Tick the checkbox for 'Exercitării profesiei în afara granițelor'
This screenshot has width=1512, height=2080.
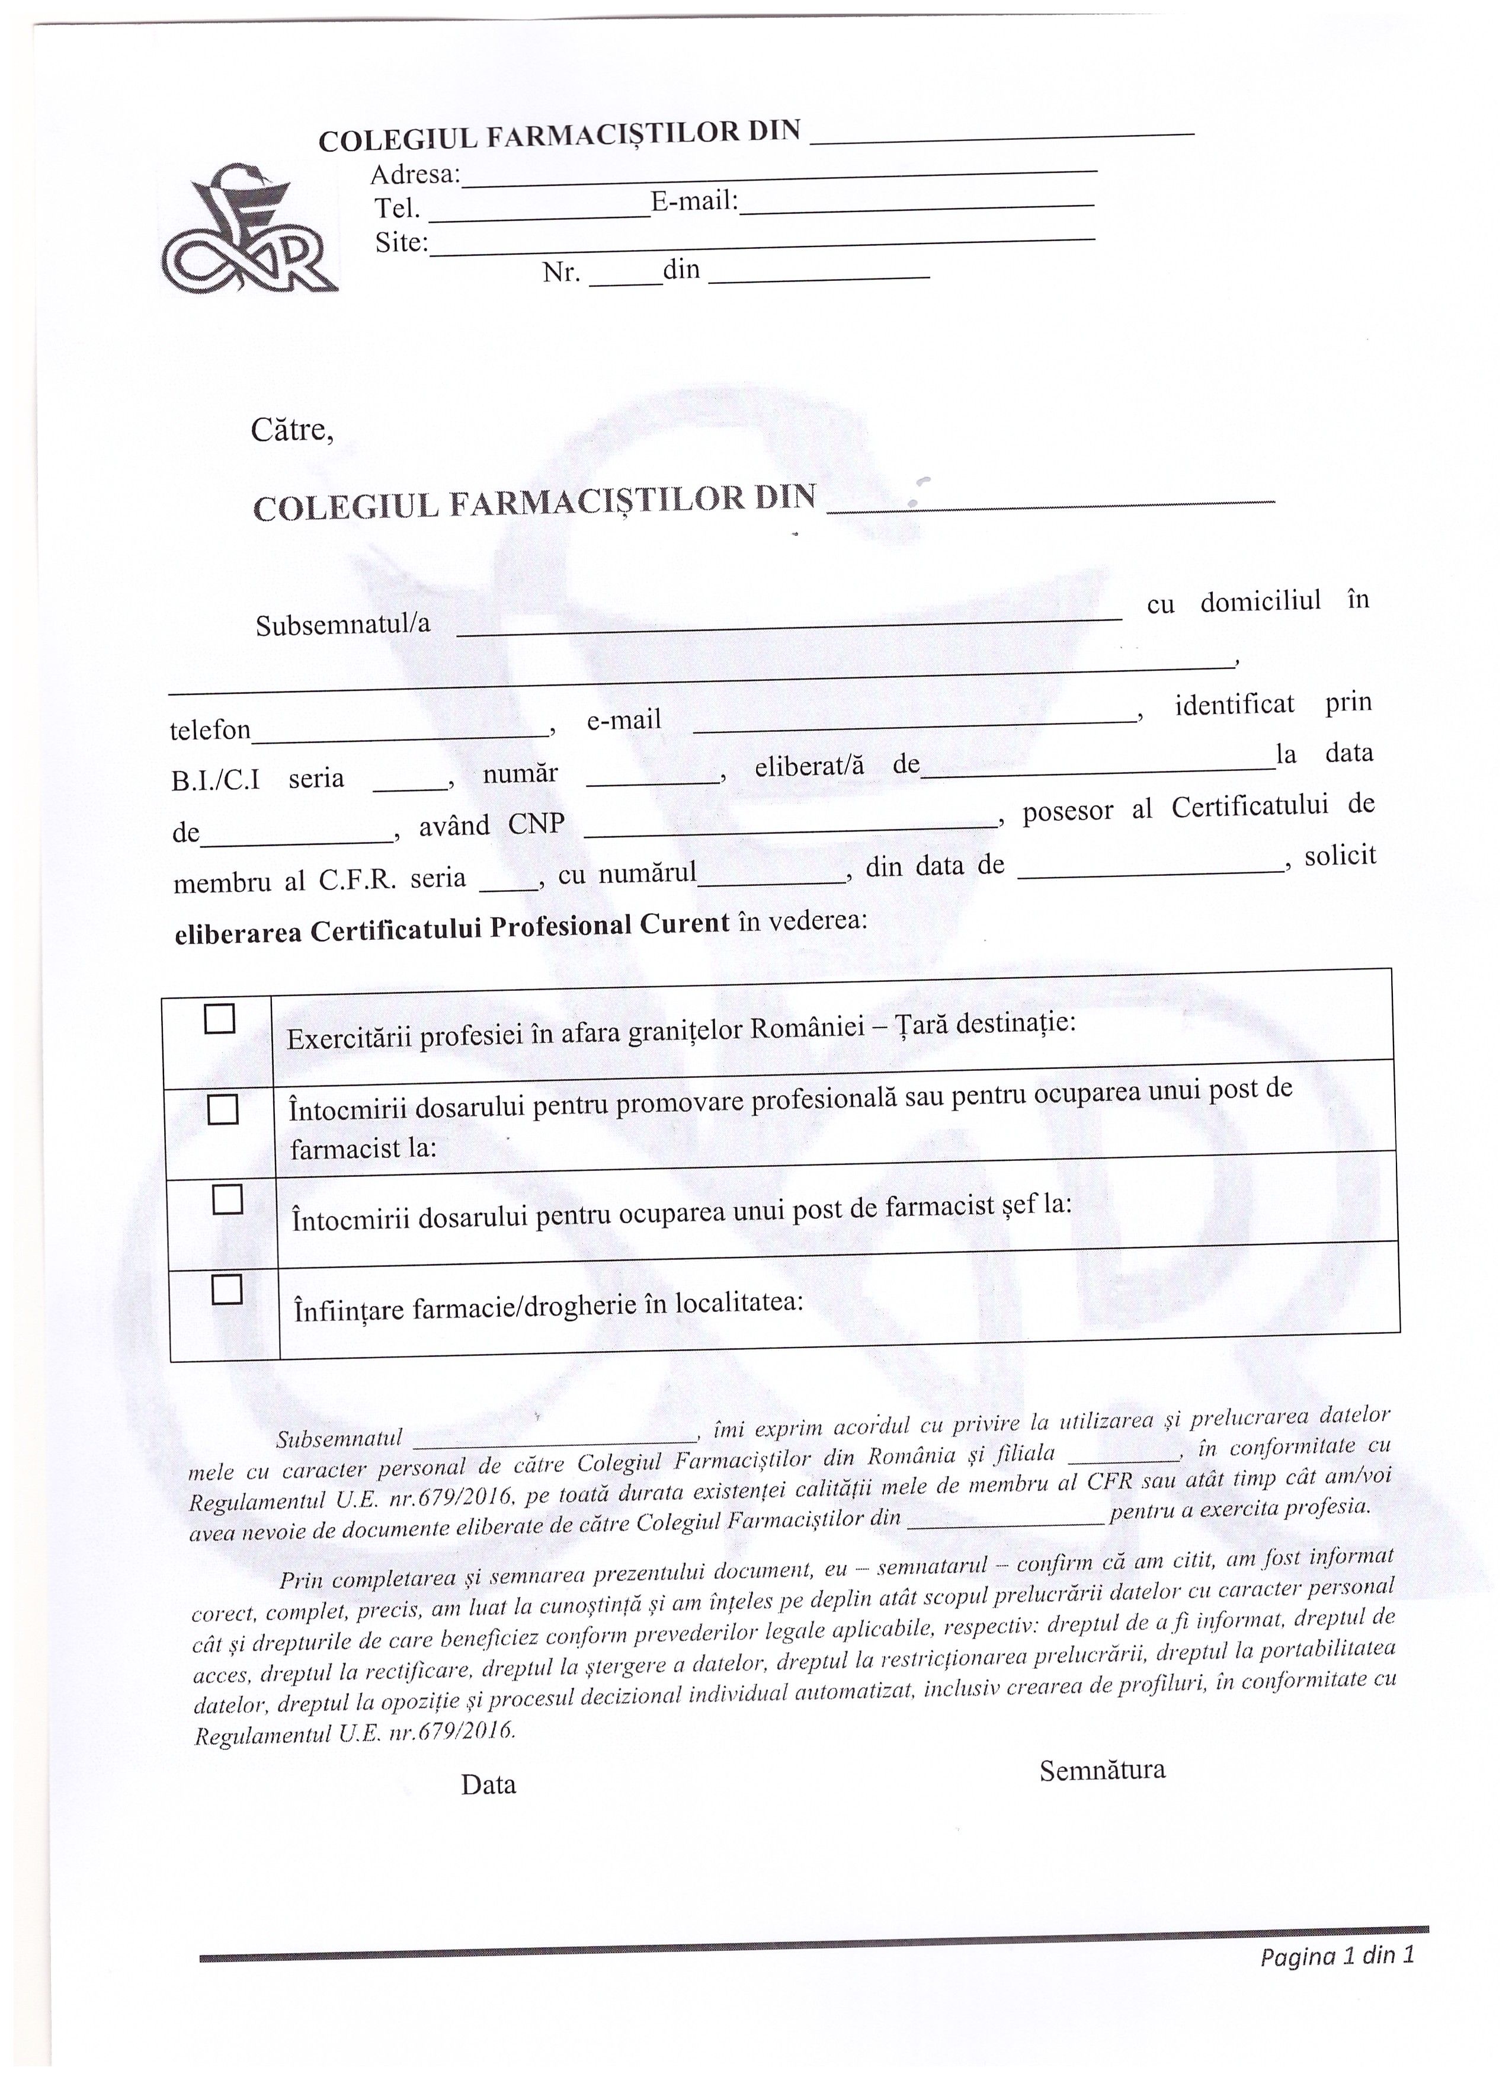219,1018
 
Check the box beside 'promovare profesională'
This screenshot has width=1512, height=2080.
223,1110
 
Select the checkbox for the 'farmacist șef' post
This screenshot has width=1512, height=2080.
226,1199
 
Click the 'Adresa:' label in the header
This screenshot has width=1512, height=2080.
415,174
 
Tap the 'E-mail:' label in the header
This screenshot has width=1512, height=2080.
694,201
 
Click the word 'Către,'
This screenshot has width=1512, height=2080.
291,430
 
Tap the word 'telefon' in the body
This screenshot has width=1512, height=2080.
210,730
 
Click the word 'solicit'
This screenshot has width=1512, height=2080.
1340,856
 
